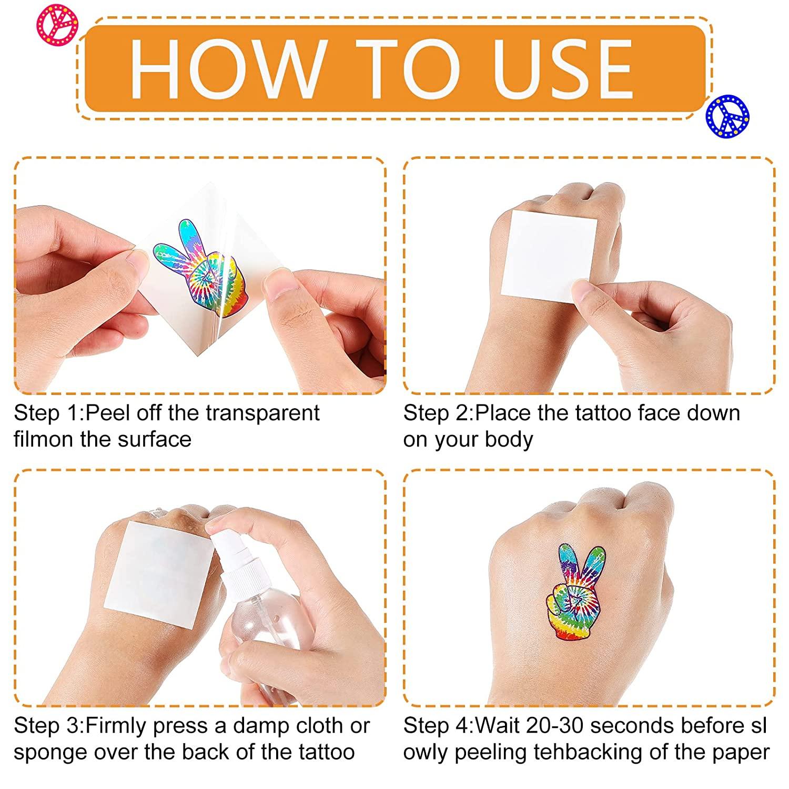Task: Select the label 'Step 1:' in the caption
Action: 49,413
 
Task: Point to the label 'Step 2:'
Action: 439,413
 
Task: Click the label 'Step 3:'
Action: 49,726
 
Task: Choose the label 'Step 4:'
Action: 439,726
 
